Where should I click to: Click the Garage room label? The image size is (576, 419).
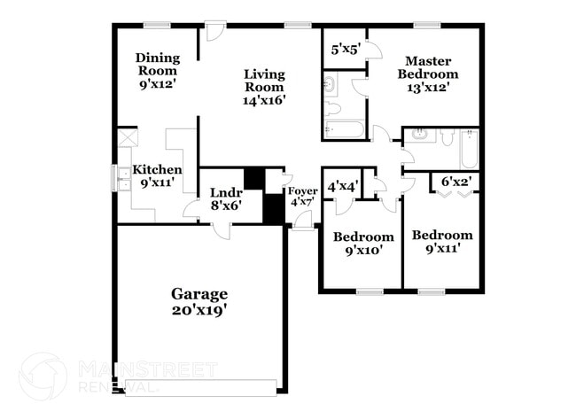(x=199, y=293)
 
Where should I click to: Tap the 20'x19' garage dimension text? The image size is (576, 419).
(x=199, y=310)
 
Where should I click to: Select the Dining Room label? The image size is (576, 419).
(x=157, y=65)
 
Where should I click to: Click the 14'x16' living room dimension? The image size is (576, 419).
(x=264, y=101)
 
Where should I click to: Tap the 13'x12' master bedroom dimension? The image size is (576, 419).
(x=432, y=87)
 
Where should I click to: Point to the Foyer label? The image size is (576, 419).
(x=301, y=190)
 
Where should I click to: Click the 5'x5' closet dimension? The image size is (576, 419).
(x=344, y=50)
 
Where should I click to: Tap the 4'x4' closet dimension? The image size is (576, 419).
(x=341, y=186)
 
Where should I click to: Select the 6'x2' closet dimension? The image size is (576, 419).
(x=455, y=182)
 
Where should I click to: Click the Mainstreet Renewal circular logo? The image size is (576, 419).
(x=43, y=376)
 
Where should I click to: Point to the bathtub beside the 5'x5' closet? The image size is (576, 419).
(x=344, y=129)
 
